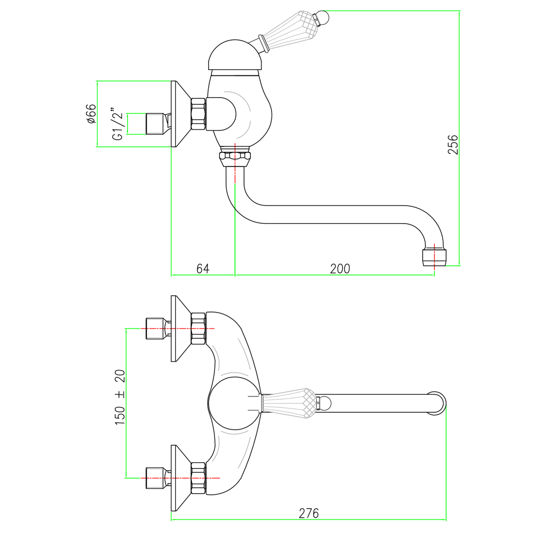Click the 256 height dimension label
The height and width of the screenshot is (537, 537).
453,144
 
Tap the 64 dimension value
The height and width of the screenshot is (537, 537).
203,268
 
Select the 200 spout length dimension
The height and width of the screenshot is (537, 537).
340,268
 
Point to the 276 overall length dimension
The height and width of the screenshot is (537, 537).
309,513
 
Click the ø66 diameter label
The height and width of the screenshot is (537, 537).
92,113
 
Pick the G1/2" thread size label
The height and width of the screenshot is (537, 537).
118,124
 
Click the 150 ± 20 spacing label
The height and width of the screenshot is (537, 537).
120,397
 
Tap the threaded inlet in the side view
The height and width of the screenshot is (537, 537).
155,124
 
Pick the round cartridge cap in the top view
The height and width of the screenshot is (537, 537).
233,403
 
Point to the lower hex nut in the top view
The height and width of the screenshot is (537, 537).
198,478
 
